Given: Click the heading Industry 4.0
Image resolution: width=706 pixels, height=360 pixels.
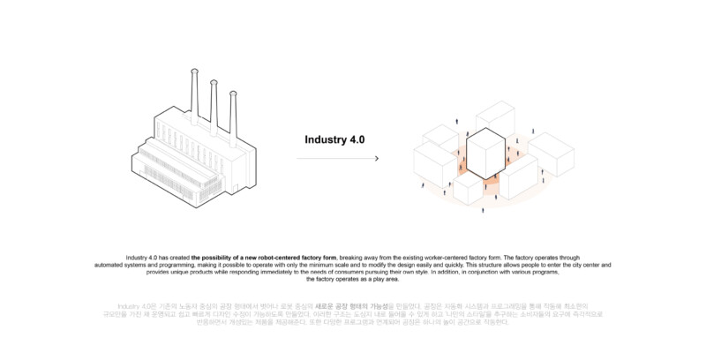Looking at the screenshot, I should [334, 139].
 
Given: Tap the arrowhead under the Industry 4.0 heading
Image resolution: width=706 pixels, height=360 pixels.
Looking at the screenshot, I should [378, 159].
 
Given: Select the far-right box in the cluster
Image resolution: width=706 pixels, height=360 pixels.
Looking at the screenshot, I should [551, 154].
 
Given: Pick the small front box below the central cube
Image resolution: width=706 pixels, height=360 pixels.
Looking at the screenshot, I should [469, 189].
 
